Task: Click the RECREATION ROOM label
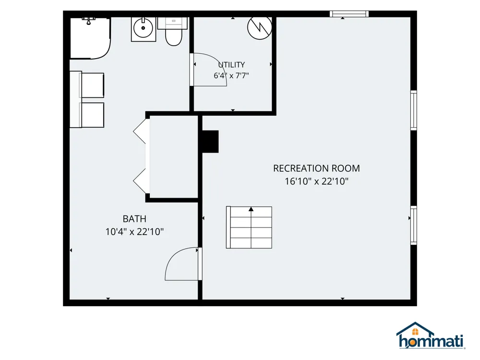(316, 168)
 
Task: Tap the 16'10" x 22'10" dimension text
(316, 181)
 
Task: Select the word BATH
(134, 219)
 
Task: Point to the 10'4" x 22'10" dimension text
(134, 232)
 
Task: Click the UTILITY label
(231, 65)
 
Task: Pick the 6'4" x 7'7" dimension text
(231, 76)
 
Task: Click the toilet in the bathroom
(173, 32)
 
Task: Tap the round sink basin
(143, 28)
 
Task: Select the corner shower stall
(90, 38)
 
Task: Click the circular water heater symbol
(260, 27)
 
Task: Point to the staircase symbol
(249, 227)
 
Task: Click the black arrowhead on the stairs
(251, 209)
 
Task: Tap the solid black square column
(210, 142)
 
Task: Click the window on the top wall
(349, 14)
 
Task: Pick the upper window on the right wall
(414, 110)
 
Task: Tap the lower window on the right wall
(414, 225)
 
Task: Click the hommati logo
(431, 336)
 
